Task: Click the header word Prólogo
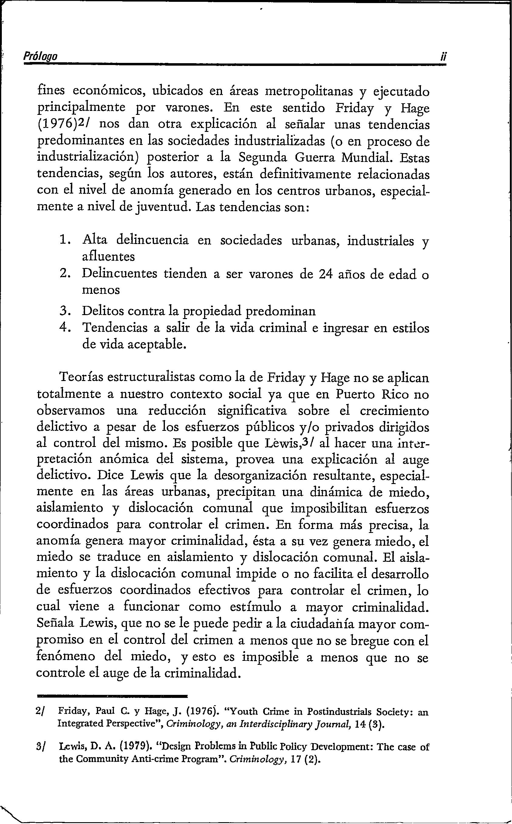click(40, 56)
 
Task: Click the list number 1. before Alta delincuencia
click(64, 240)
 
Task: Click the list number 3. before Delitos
click(64, 311)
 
